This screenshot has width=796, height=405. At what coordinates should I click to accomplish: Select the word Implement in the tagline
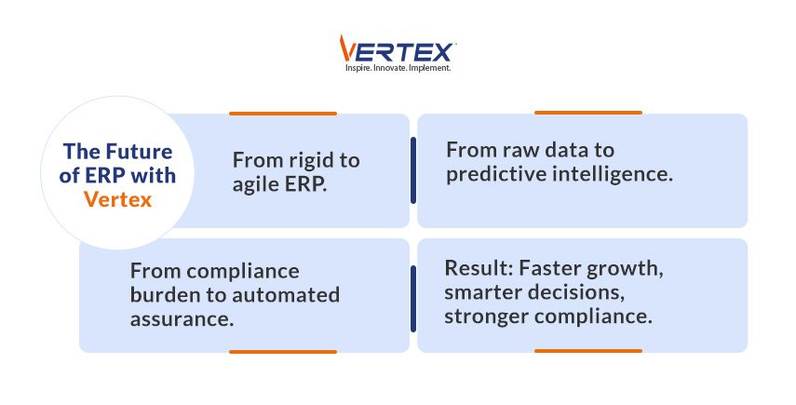coord(431,68)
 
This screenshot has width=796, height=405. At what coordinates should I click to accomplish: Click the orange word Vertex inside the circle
coord(116,197)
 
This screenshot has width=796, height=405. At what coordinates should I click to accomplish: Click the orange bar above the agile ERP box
coord(282,114)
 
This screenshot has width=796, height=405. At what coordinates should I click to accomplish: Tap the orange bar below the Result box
coord(587,351)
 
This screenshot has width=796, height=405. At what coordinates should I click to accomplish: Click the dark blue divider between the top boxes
coord(412,170)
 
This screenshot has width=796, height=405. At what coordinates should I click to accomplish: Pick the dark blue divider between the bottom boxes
coord(412,296)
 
